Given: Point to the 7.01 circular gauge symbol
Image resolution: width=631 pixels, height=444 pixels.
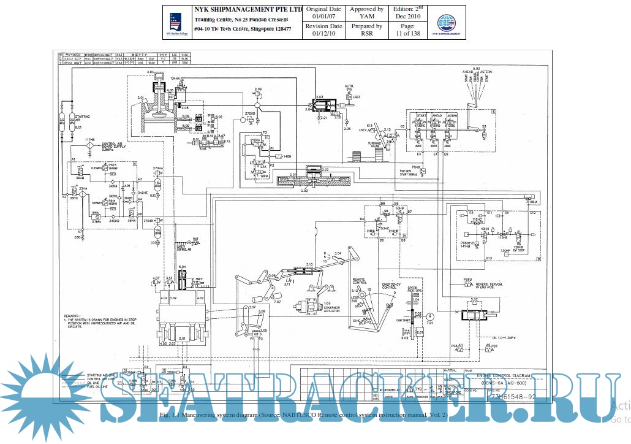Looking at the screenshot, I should (x=429, y=314).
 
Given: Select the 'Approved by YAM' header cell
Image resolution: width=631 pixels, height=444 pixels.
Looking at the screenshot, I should (x=366, y=13).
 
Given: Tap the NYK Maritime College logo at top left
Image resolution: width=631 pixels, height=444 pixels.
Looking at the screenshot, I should (x=176, y=21).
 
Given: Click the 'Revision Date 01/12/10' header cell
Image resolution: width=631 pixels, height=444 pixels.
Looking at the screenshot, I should (x=323, y=30).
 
